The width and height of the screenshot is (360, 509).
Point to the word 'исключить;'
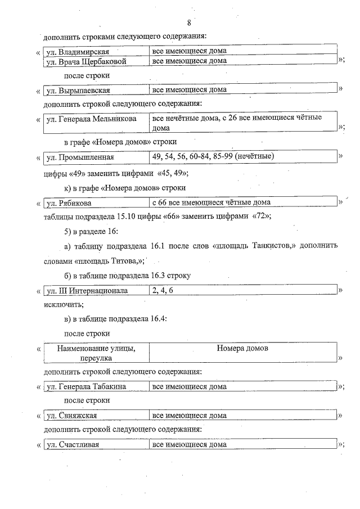click(x=64, y=305)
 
